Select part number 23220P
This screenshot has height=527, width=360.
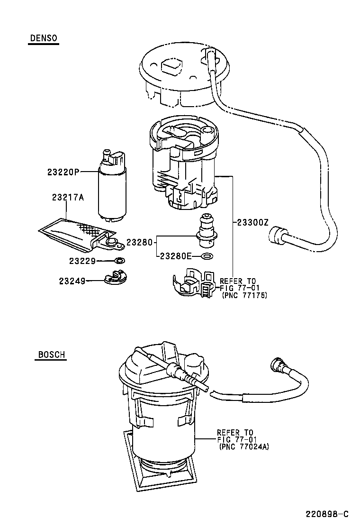pyautogui.click(x=63, y=172)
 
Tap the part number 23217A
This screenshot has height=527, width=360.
pyautogui.click(x=68, y=198)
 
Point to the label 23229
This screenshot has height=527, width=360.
pyautogui.click(x=82, y=261)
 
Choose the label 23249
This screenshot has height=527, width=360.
pyautogui.click(x=72, y=281)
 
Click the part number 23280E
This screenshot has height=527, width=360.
pyautogui.click(x=176, y=256)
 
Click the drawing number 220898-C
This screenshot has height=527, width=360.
pyautogui.click(x=326, y=514)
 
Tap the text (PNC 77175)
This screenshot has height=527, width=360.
pyautogui.click(x=244, y=295)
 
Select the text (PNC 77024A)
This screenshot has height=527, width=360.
pyautogui.click(x=244, y=446)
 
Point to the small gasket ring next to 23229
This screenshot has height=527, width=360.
pyautogui.click(x=120, y=260)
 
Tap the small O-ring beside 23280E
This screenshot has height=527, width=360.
pyautogui.click(x=207, y=256)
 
